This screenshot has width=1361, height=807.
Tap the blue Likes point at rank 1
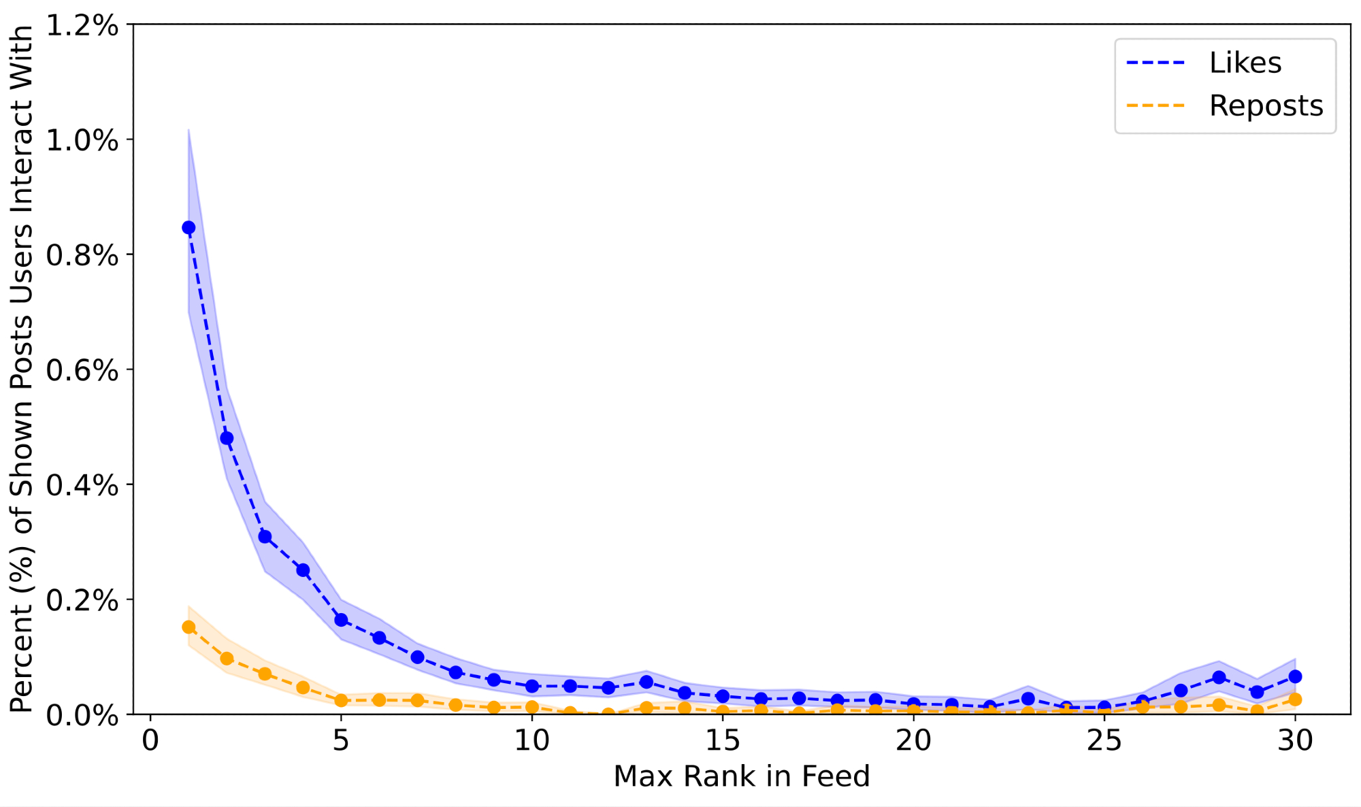click(188, 227)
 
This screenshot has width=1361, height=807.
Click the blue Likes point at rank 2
click(227, 438)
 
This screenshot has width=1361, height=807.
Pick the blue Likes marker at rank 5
click(341, 620)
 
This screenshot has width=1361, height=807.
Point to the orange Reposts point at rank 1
click(188, 627)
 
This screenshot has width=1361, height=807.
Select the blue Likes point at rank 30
click(1295, 676)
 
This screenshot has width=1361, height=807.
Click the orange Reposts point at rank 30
click(1295, 699)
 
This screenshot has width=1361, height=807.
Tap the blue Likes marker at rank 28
click(1219, 678)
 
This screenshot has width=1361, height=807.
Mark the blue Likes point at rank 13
click(646, 682)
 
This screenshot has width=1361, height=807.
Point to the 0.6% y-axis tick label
click(82, 370)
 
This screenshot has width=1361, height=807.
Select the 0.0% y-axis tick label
click(82, 715)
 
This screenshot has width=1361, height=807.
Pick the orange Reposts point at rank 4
click(303, 688)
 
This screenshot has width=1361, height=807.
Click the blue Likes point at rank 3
click(265, 537)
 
